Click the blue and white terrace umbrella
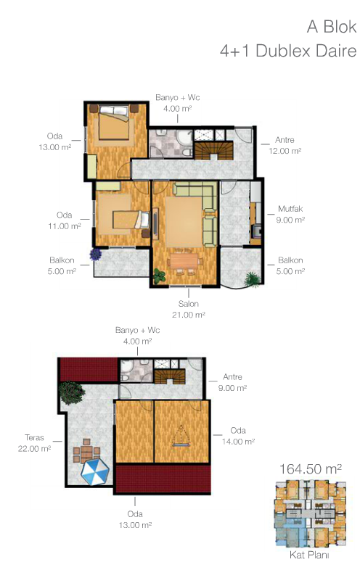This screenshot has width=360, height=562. (94, 472)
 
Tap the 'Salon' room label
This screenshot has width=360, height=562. (188, 304)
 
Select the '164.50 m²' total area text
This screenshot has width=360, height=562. (310, 468)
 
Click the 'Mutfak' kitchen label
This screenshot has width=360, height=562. (290, 209)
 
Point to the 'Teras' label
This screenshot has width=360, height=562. (34, 437)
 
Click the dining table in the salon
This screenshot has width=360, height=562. (184, 261)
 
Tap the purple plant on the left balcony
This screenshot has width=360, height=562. (95, 254)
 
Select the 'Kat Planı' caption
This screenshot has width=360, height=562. (309, 555)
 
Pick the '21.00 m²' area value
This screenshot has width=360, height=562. (188, 315)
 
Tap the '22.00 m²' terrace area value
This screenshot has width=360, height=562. (34, 448)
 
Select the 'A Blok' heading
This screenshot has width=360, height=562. (332, 27)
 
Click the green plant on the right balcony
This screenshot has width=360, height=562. (253, 279)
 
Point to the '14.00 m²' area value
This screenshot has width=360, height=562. (238, 441)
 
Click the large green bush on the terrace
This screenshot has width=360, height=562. (72, 393)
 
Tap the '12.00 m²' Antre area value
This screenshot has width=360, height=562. (285, 151)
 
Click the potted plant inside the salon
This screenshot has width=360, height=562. (159, 276)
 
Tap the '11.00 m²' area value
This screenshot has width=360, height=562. (65, 226)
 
